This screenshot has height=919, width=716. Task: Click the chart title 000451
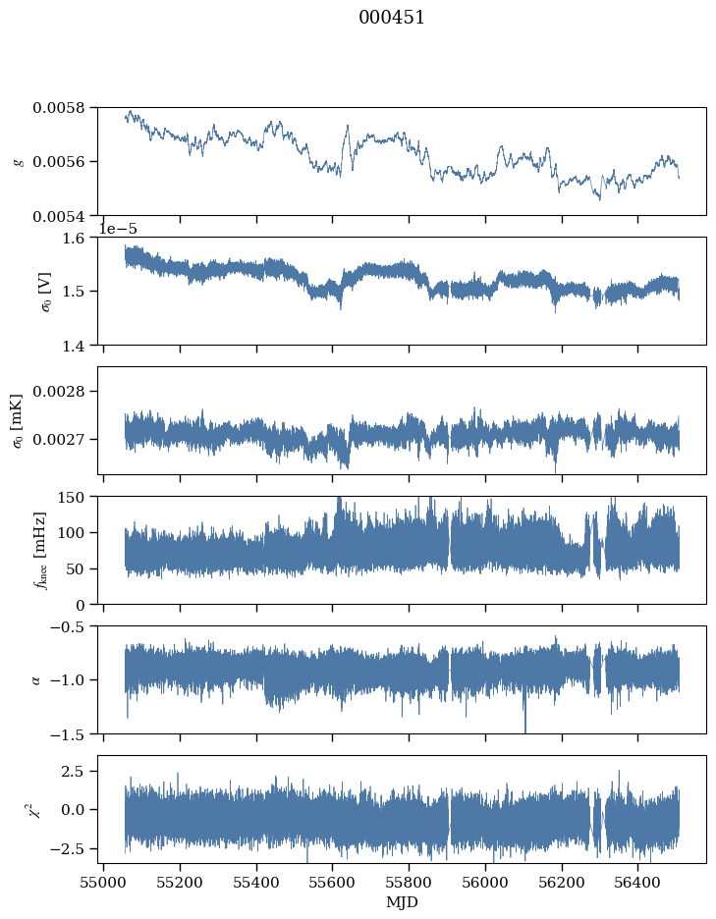391,18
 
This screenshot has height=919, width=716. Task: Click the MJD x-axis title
403,902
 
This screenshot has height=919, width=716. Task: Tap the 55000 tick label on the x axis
104,883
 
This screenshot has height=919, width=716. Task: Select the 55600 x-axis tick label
333,883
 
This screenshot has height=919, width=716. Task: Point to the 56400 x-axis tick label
638,883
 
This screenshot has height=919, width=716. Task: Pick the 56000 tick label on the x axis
485,883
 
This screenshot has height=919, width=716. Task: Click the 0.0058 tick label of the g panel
59,108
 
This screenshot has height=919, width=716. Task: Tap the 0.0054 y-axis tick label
59,217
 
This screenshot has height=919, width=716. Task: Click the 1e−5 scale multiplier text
117,229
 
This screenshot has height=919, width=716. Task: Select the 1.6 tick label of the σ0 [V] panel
74,238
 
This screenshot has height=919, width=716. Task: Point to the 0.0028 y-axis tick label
59,391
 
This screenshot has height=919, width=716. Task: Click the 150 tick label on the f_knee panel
72,497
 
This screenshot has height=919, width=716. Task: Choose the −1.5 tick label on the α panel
67,734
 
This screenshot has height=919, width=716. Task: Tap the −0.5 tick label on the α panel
67,626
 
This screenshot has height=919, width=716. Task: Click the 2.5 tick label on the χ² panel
74,772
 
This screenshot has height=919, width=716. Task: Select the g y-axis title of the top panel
20,162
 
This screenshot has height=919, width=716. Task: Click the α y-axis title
36,680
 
